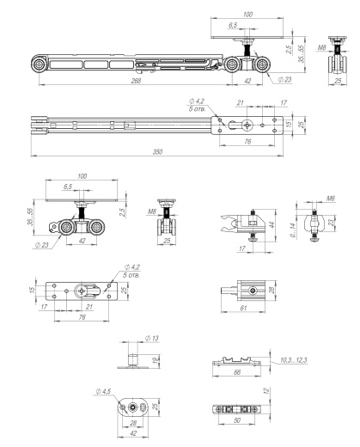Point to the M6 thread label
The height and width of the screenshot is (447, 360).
(x=306, y=197)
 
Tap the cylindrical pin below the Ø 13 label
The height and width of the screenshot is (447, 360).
(x=133, y=352)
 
